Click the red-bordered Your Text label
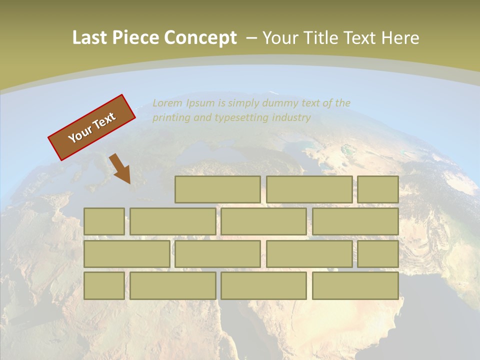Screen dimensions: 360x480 pos(92,127)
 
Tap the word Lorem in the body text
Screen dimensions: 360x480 pos(167,103)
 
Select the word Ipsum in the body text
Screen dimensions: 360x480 pos(201,103)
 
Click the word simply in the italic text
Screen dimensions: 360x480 pos(242,103)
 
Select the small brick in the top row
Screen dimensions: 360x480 pos(378,189)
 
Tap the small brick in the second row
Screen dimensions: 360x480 pos(104,221)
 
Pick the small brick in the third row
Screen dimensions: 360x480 pos(378,254)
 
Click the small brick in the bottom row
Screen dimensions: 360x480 pos(104,286)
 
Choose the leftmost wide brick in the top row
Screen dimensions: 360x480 pos(217,189)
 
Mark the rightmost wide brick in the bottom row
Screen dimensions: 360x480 pos(355,286)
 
